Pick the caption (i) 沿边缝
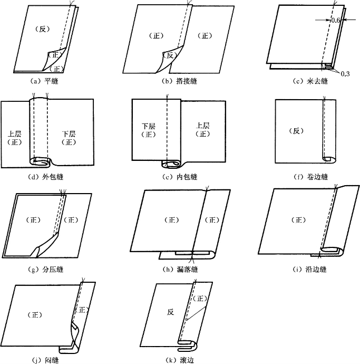pyautogui.click(x=308, y=270)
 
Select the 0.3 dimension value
pyautogui.click(x=345, y=73)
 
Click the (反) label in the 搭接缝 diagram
pyautogui.click(x=169, y=55)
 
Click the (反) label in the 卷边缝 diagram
pyautogui.click(x=298, y=130)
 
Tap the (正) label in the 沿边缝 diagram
pyautogui.click(x=299, y=220)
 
